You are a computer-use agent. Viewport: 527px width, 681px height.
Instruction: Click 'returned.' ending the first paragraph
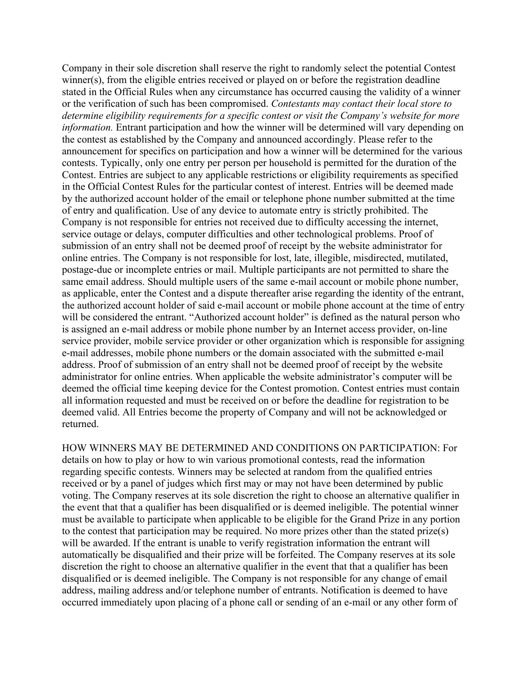pyautogui.click(x=80, y=424)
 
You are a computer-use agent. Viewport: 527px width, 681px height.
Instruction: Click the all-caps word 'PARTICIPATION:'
pyautogui.click(x=401, y=448)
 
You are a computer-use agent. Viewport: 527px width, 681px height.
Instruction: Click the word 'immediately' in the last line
pyautogui.click(x=127, y=603)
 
